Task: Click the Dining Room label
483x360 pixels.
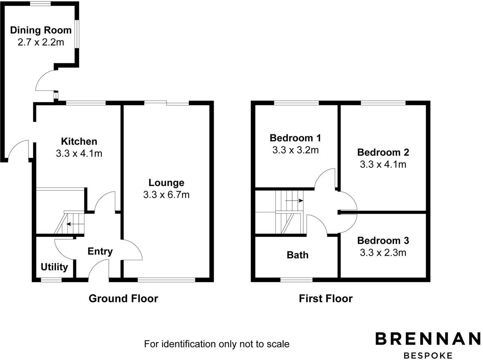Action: [40, 30]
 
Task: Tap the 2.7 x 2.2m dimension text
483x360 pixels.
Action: [40, 42]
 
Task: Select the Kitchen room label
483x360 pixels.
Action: [79, 141]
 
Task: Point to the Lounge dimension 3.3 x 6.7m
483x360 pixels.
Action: [166, 195]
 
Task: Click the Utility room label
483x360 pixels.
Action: [54, 267]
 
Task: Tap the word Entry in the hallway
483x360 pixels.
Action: [100, 251]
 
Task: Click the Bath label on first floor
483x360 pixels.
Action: [297, 255]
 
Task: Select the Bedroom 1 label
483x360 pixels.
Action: [295, 138]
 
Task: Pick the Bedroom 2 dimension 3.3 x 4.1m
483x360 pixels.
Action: [383, 164]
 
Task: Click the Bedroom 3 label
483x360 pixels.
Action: [383, 240]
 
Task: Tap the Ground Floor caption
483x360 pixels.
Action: [123, 298]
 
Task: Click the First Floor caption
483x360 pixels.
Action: [325, 298]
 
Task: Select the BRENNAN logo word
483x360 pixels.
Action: [428, 339]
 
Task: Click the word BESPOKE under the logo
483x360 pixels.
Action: [428, 355]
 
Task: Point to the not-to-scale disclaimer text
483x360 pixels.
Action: [217, 344]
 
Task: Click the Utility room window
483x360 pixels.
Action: [51, 279]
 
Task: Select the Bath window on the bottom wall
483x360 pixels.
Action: [297, 279]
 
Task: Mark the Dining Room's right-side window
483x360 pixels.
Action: [77, 34]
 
